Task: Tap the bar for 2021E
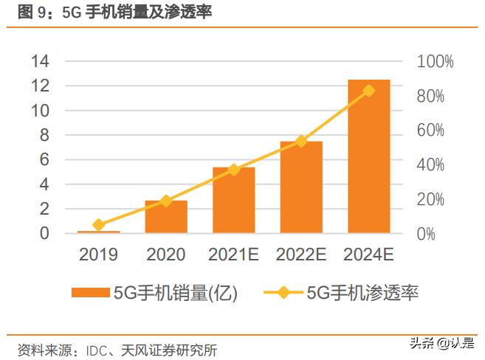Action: coord(233,201)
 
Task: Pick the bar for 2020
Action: coord(166,217)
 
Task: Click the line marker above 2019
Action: coord(99,224)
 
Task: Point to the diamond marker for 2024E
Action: coord(368,91)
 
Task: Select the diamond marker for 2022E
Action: coord(301,141)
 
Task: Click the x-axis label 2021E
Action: coord(233,255)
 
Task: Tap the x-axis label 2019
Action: coord(99,255)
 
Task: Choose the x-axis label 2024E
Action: coord(368,255)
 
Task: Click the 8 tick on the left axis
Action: coord(44,135)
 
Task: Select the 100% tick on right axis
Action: coord(436,62)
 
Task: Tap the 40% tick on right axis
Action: coord(432,165)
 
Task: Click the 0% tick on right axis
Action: coord(427,235)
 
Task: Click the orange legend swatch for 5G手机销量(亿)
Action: coord(90,294)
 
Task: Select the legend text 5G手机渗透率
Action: coord(362,294)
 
